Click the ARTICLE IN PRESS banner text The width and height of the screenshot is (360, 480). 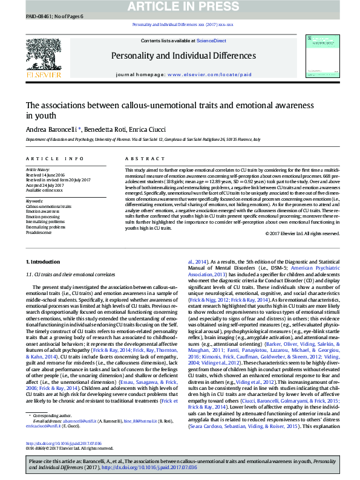click(180, 6)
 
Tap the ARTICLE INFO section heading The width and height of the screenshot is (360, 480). click(55, 158)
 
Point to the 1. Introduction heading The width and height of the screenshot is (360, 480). click(44, 261)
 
